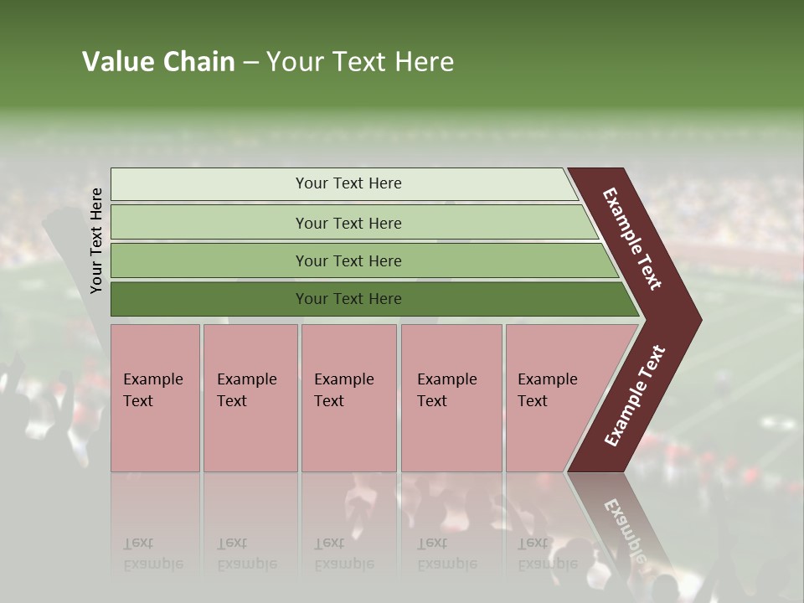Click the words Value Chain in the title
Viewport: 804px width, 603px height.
coord(158,62)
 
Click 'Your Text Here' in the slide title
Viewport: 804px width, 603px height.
coord(360,62)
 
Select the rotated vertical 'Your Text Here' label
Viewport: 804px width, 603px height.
coord(96,240)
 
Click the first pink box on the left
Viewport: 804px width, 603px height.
coord(155,435)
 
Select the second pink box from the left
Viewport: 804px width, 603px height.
coord(250,435)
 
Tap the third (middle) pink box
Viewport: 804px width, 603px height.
coord(348,435)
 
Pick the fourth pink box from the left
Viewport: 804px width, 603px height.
coord(451,435)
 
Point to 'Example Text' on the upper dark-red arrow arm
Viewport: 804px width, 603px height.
coord(632,240)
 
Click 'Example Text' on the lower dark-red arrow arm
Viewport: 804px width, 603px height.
coord(634,396)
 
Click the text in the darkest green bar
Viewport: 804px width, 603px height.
coord(348,299)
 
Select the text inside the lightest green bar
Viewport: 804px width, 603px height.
coord(348,183)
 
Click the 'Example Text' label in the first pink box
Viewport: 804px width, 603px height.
coord(152,390)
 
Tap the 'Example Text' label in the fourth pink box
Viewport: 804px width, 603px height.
coord(446,390)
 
